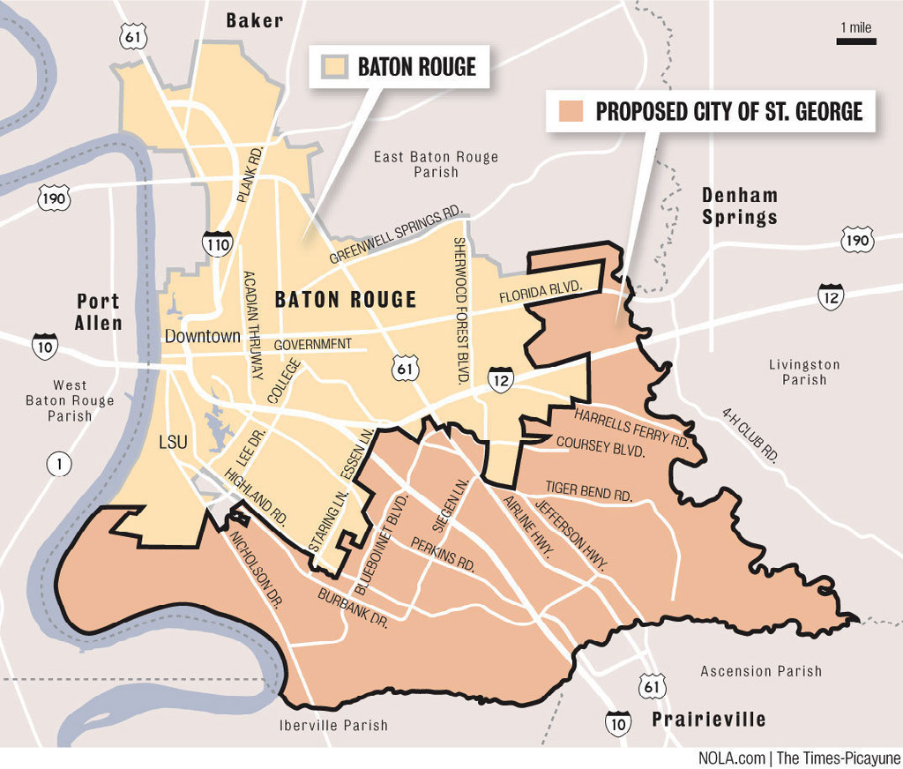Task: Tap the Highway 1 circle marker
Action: tap(59, 464)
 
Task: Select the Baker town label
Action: tap(254, 20)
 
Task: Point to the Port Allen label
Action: tap(98, 312)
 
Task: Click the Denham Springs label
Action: tap(739, 206)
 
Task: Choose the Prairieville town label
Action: tap(709, 720)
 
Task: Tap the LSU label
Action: tap(173, 442)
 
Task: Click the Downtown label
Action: tap(202, 336)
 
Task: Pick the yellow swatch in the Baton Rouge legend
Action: tap(334, 67)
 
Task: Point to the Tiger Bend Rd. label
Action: tap(588, 491)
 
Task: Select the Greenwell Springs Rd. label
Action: tap(396, 236)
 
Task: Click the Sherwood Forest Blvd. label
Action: tap(459, 309)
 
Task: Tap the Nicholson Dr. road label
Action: tap(255, 568)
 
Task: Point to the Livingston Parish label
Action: tap(803, 371)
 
